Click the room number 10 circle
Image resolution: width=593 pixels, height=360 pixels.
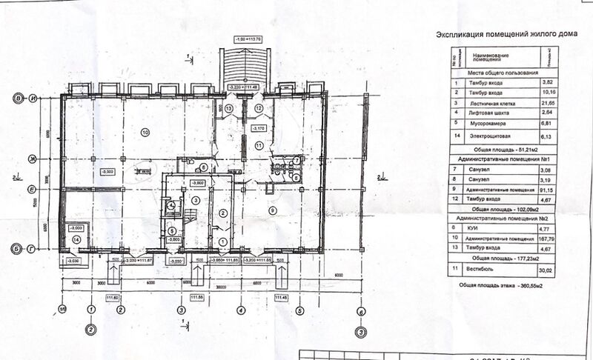145,132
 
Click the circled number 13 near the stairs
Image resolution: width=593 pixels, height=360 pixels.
229,109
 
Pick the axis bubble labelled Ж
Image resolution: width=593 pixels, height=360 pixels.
33,159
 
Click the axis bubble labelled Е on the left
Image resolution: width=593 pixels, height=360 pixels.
33,189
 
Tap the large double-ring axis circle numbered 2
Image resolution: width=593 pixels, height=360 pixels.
90,330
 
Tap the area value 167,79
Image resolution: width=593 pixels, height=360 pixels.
549,239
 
